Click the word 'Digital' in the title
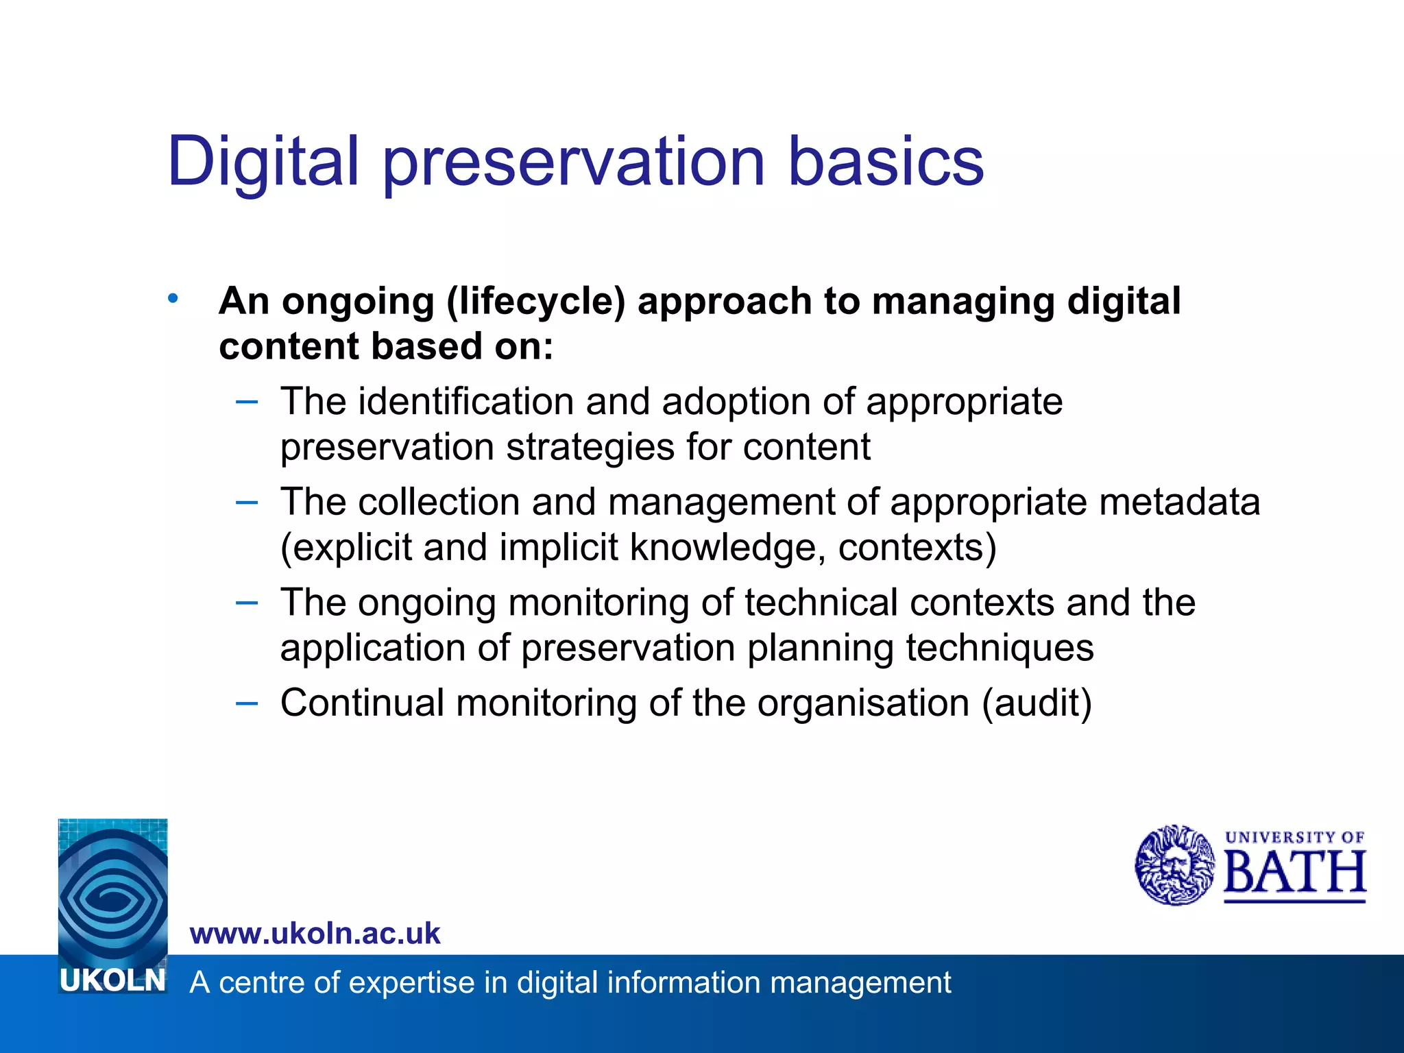pos(263,162)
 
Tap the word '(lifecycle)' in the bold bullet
pos(536,302)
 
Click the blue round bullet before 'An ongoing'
pos(173,298)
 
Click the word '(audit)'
pos(1037,703)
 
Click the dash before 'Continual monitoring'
pos(246,703)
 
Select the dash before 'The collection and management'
pos(246,503)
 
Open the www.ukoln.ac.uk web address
pos(315,934)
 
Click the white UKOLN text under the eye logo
pos(113,981)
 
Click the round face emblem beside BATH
pos(1174,865)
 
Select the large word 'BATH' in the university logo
pos(1294,873)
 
